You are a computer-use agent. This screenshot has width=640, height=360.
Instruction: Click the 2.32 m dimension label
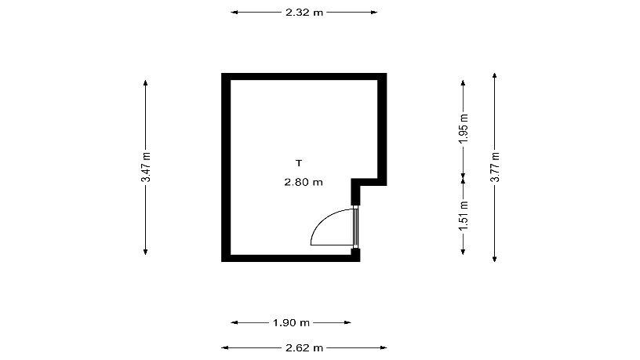click(304, 13)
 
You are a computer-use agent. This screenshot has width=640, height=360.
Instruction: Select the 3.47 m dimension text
click(146, 167)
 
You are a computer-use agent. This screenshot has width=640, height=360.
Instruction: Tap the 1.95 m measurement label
click(464, 129)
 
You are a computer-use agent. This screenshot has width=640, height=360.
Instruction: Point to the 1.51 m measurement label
click(464, 216)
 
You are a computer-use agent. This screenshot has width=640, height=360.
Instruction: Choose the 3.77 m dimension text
click(495, 167)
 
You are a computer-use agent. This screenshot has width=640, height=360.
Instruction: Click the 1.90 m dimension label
click(291, 323)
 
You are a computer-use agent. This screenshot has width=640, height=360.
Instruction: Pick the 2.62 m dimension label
click(304, 348)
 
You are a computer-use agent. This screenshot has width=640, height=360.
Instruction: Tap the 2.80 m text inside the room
click(304, 182)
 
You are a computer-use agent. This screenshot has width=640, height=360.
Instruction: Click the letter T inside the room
click(299, 163)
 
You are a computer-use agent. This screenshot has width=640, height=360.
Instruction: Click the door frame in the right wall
click(355, 227)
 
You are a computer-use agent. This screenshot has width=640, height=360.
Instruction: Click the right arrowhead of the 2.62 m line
click(384, 348)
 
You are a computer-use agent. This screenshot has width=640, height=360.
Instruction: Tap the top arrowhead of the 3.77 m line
click(495, 76)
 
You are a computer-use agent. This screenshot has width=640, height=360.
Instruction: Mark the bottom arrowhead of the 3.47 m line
click(146, 252)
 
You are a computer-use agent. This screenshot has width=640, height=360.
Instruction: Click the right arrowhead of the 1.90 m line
click(347, 323)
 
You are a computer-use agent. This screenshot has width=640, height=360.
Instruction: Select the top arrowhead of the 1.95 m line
click(463, 84)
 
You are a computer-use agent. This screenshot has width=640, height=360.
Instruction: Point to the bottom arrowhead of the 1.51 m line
click(463, 252)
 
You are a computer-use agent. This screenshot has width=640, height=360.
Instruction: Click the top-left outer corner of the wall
click(222, 74)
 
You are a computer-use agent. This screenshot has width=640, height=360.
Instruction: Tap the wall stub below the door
click(356, 255)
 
